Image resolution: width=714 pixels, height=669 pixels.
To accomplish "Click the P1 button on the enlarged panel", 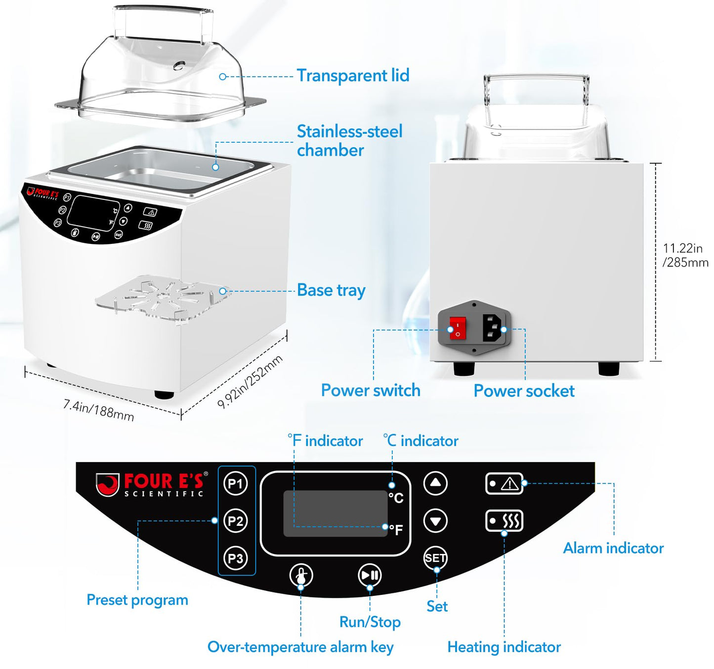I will tap(236, 483).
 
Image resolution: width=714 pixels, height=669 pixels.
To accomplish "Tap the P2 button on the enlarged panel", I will tap(236, 521).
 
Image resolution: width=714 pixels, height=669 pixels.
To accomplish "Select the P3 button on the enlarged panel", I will tap(236, 558).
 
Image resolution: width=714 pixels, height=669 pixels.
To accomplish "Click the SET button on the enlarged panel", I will tap(435, 558).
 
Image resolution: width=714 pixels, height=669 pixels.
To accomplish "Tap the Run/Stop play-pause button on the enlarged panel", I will tap(370, 575).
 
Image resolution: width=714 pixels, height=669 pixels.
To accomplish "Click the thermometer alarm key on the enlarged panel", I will tap(301, 575).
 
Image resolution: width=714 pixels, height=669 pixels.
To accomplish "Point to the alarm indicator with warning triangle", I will tap(504, 484).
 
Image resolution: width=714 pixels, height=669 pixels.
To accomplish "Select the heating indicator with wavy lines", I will tap(504, 521).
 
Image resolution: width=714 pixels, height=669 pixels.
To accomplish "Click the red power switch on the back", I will tap(458, 328).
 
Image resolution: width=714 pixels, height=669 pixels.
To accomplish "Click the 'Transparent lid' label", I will tap(353, 76).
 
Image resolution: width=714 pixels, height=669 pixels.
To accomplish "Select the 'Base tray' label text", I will tap(331, 290).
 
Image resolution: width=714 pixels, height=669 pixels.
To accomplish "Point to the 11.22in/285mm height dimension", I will tap(685, 255).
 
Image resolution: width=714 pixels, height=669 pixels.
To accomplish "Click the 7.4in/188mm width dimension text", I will tap(98, 410).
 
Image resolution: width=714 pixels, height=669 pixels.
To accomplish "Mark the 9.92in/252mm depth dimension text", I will tap(250, 382).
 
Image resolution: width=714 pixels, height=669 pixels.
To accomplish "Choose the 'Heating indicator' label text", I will tap(504, 647).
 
